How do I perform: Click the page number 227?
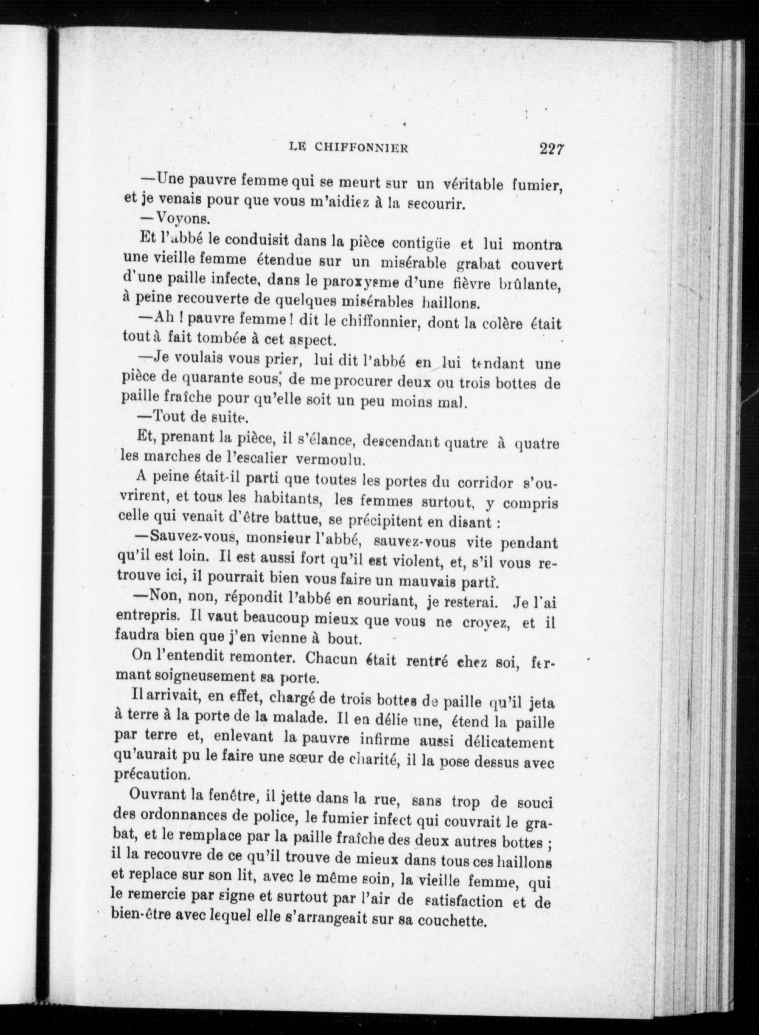tap(551, 149)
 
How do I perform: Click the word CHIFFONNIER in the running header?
tap(361, 147)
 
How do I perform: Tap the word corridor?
tap(485, 483)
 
